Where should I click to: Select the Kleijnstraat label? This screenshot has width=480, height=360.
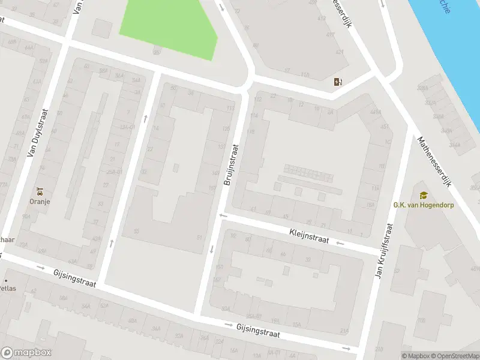tap(309, 235)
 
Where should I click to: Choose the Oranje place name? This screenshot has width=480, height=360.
tap(40, 202)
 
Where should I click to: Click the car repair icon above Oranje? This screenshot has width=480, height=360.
tap(40, 192)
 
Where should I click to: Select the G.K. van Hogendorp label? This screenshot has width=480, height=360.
tap(424, 205)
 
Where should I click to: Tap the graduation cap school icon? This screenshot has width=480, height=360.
tap(424, 195)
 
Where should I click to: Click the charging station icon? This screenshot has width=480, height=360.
tap(338, 82)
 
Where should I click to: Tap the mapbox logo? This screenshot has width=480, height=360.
tap(26, 353)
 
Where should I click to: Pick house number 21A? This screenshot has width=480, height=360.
tap(344, 331)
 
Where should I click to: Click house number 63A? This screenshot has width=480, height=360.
tap(73, 262)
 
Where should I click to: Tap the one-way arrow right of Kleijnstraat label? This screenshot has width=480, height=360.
tap(340, 242)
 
